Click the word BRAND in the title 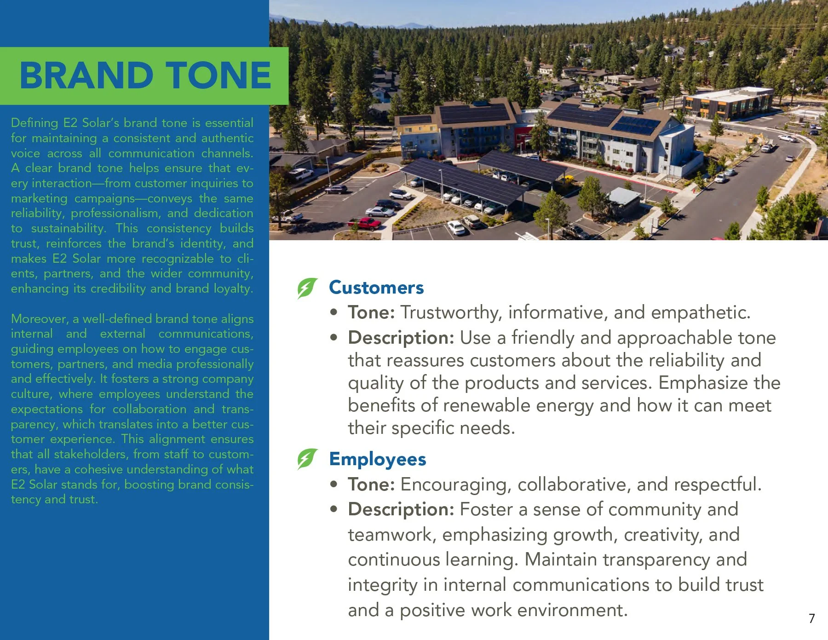click(86, 75)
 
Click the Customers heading click(376, 288)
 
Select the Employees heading click(377, 459)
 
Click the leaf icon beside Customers click(307, 288)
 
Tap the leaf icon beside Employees click(307, 459)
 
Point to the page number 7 click(811, 618)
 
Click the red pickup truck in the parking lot click(364, 224)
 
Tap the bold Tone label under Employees click(371, 484)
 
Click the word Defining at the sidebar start click(34, 123)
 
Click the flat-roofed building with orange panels click(727, 104)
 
